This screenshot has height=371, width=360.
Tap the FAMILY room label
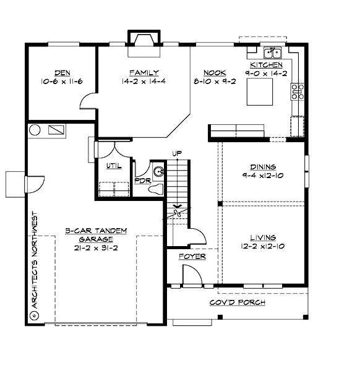(x=144, y=72)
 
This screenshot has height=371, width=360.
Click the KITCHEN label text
(x=266, y=65)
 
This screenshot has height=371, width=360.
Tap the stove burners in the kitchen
(x=298, y=92)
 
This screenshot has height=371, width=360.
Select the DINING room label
(x=263, y=167)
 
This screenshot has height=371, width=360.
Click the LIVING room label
(x=263, y=237)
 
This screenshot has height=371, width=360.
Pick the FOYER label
(x=192, y=257)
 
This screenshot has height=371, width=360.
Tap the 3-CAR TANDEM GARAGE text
(x=95, y=234)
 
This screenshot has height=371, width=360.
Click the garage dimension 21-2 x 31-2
(x=95, y=249)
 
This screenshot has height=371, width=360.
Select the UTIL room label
(x=113, y=166)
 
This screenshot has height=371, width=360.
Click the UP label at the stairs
(x=176, y=153)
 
